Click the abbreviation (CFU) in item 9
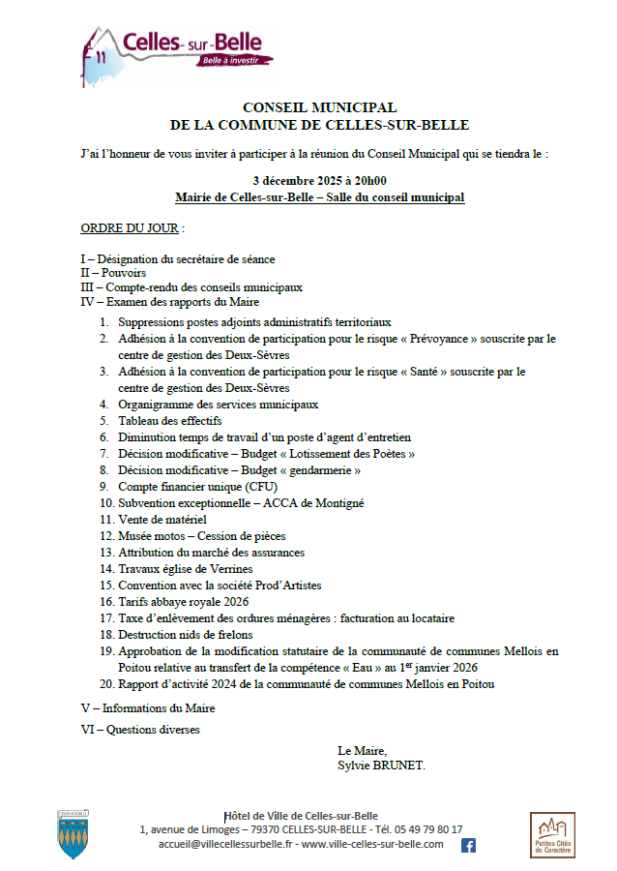click(254, 487)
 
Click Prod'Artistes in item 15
click(286, 586)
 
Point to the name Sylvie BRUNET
click(381, 766)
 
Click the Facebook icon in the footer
click(468, 845)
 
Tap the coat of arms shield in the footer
click(74, 835)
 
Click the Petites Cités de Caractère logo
click(552, 835)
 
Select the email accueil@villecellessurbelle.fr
click(225, 844)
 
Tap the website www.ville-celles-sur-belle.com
click(372, 844)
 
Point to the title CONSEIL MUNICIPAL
click(319, 107)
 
